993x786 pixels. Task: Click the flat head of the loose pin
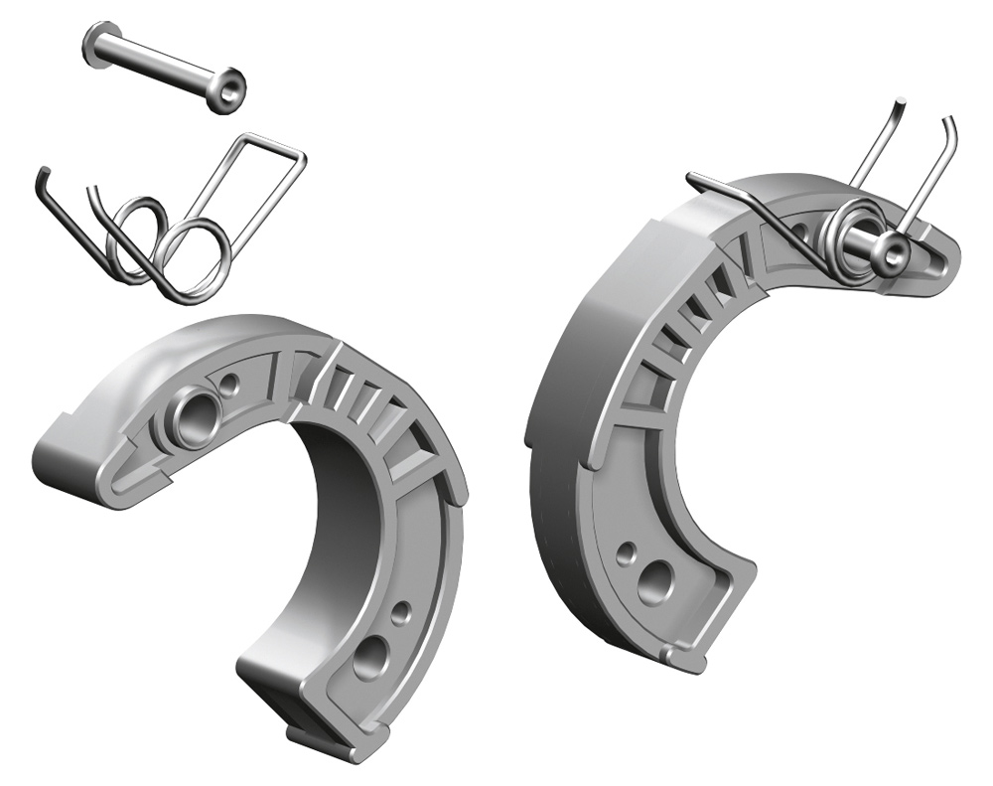(96, 45)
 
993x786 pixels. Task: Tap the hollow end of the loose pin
(231, 89)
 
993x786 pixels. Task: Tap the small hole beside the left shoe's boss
(231, 381)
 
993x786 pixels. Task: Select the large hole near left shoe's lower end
(370, 655)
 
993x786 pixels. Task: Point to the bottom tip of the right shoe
(685, 656)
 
